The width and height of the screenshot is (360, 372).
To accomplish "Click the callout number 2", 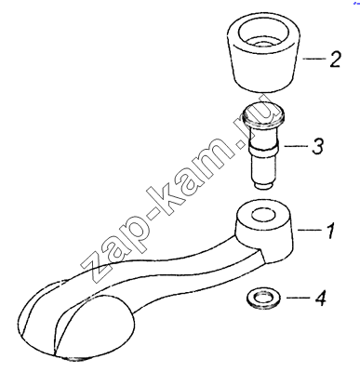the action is click(335, 59).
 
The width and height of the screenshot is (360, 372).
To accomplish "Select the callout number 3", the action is click(317, 145).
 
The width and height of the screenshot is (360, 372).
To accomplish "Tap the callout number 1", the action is click(331, 230).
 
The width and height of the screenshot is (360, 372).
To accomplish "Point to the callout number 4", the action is click(320, 298).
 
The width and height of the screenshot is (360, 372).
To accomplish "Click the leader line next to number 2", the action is click(313, 59).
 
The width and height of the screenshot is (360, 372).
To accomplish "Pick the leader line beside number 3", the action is click(295, 145).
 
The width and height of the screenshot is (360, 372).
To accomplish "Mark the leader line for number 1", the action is click(309, 230).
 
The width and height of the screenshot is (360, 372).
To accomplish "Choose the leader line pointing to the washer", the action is click(298, 298).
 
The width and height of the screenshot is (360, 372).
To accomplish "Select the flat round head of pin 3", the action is click(263, 113).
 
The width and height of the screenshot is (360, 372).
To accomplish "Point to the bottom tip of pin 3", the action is click(263, 185).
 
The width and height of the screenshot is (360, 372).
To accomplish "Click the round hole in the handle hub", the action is click(263, 215).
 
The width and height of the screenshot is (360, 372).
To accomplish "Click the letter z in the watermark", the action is click(90, 264).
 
